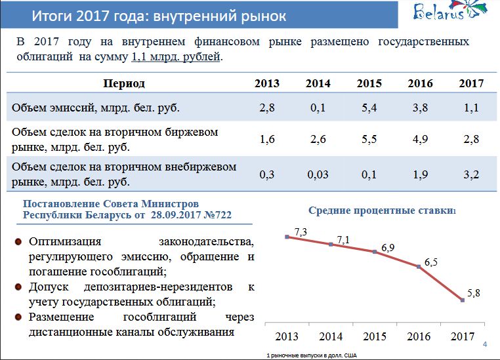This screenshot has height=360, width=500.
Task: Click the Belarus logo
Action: click(449, 13)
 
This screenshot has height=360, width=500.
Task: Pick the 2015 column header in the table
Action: click(369, 83)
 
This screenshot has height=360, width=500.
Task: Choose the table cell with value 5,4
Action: click(369, 108)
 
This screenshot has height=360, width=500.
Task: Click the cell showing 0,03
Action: click(318, 174)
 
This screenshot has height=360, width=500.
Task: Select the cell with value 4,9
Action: click(420, 139)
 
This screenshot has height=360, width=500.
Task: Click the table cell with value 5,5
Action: click(369, 139)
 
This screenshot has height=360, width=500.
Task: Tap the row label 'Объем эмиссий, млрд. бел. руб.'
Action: click(96, 108)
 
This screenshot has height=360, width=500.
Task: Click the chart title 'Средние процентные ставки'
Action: click(381, 210)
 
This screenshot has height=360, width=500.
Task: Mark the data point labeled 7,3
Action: click(287, 237)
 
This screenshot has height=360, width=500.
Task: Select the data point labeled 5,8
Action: click(463, 300)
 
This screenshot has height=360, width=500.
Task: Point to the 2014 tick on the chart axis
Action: click(331, 337)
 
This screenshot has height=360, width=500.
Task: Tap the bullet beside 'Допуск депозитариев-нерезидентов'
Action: click(18, 287)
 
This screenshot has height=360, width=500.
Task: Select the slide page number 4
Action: click(484, 346)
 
